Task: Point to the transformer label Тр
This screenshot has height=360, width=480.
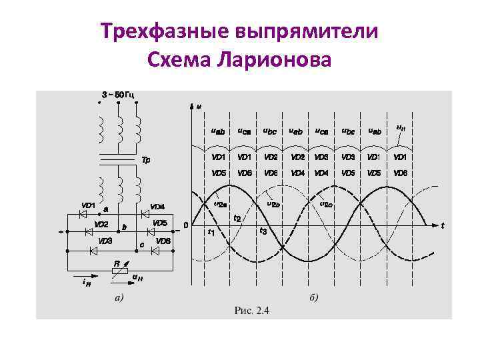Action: pyautogui.click(x=147, y=161)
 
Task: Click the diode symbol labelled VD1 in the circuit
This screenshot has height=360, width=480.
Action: pyautogui.click(x=85, y=215)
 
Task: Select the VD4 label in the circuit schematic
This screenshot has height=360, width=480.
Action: pyautogui.click(x=157, y=206)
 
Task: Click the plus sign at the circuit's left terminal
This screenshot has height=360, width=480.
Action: pyautogui.click(x=61, y=233)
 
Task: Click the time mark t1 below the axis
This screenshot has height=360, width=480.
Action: pyautogui.click(x=211, y=233)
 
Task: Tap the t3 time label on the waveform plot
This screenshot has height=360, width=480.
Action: pyautogui.click(x=263, y=231)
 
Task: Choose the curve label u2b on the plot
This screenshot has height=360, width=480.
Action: pyautogui.click(x=273, y=204)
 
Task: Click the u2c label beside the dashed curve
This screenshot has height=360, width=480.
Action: pyautogui.click(x=327, y=204)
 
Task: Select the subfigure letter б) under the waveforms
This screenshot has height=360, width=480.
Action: pyautogui.click(x=313, y=297)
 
